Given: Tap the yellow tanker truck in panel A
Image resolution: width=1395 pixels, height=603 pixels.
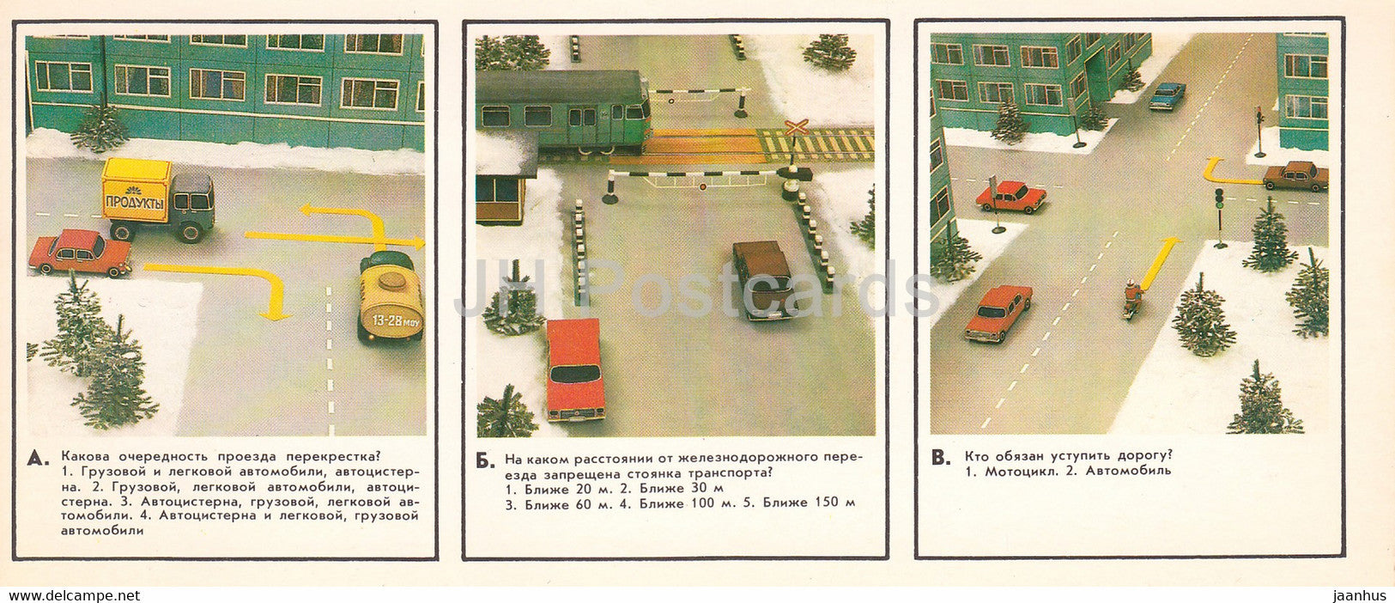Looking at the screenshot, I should coord(391,297).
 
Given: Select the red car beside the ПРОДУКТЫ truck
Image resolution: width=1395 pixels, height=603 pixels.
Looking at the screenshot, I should coord(79,253).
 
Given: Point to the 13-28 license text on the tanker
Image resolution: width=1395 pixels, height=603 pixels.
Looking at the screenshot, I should coord(391,320).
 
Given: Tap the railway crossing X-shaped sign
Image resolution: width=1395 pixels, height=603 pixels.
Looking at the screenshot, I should coord(796,129).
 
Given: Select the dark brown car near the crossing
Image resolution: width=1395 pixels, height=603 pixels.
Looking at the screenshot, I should coord(763,278).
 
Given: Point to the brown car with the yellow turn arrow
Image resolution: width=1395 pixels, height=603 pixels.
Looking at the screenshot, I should coord(1295,175).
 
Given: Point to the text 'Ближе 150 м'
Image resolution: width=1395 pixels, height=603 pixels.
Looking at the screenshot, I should coord(809,502).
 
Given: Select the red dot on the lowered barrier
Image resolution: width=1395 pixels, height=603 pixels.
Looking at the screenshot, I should coord(701,185).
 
